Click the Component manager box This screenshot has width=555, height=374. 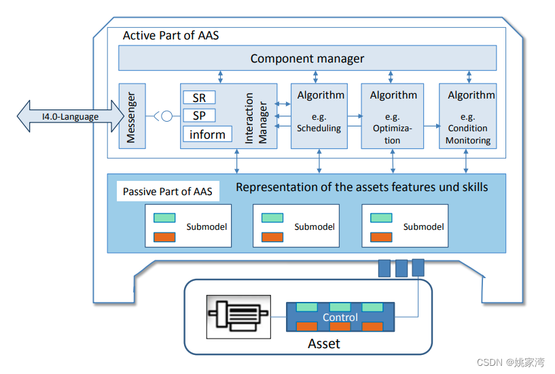point(307,58)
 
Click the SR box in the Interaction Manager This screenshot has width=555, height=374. point(199,98)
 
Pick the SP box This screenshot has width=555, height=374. point(199,116)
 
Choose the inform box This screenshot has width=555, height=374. point(207,134)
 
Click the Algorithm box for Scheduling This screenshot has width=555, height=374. point(319,116)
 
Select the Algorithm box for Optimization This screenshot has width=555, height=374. point(392,116)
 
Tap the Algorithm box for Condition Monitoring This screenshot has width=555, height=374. point(467,116)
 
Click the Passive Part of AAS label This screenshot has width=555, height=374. point(167,192)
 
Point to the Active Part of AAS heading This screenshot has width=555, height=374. point(171,35)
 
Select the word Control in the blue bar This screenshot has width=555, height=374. point(340,318)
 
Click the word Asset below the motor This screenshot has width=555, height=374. point(324,344)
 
